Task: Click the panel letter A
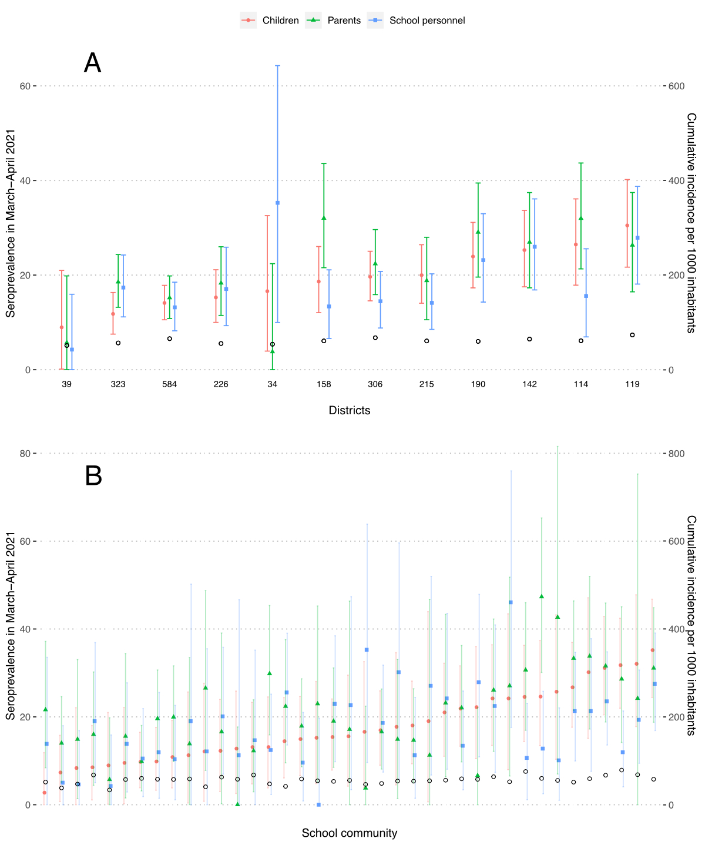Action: pos(93,63)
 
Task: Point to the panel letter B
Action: pos(93,476)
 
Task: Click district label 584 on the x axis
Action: pos(170,384)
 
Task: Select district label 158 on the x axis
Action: pos(324,384)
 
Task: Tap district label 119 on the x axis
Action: pos(632,384)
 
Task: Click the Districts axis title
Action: pos(350,410)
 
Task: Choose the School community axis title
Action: pos(350,833)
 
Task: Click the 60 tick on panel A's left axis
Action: pos(25,86)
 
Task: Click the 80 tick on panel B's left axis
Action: pos(25,454)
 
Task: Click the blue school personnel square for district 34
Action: pos(277,203)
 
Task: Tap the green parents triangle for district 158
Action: pos(324,218)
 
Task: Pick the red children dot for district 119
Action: pos(627,226)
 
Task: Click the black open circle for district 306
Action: pos(375,338)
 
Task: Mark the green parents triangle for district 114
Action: pos(581,219)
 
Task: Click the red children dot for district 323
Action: pos(113,314)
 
